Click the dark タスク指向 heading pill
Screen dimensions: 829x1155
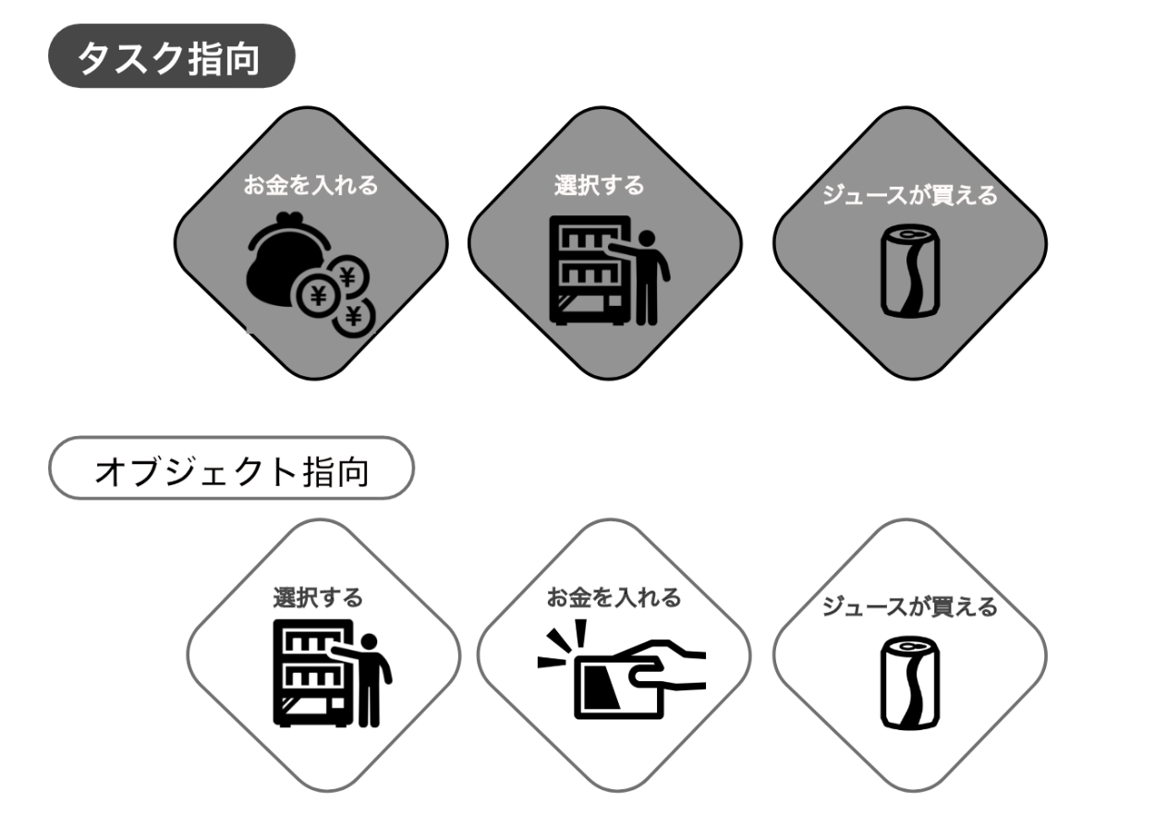pos(171,56)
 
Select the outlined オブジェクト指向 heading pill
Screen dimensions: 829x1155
pos(230,469)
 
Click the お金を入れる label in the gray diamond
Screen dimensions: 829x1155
pos(310,185)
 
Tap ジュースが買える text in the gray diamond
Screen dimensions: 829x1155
pos(909,196)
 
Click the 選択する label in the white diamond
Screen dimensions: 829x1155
pos(317,598)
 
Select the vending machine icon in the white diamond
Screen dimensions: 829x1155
pos(315,672)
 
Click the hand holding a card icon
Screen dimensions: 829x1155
pos(628,677)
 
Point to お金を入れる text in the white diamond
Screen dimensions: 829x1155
pos(614,598)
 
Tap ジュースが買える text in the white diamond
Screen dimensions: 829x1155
pos(909,607)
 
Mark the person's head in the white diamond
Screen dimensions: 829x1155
pos(371,641)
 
